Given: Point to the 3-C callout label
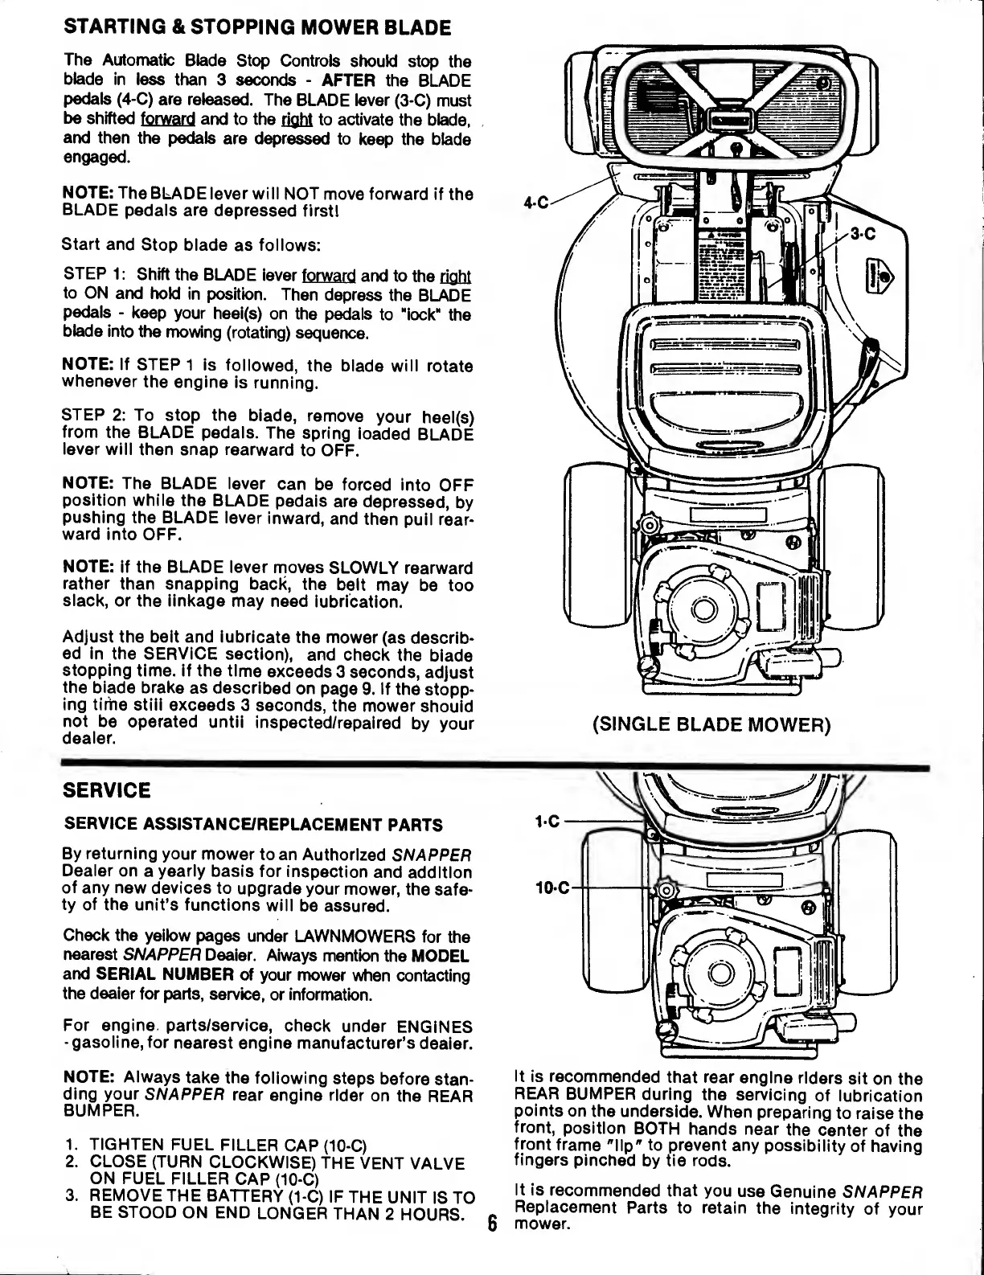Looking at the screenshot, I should pos(863,234).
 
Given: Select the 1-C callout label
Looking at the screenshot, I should pos(548,822).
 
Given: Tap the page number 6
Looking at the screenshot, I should pos(494,1224).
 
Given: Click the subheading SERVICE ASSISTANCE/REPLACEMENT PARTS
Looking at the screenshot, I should pos(252,825).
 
